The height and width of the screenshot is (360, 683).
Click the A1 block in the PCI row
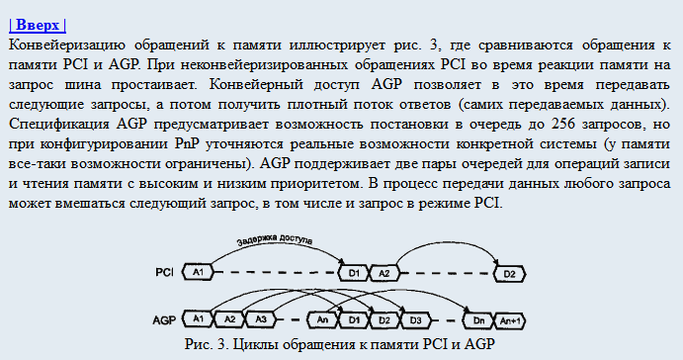point(199,272)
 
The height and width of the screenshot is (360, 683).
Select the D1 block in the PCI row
point(352,272)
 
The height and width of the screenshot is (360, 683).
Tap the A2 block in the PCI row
point(385,272)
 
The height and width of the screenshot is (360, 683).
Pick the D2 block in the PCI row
point(509,272)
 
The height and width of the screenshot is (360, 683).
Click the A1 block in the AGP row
point(199,320)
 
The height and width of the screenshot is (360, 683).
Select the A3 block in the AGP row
point(261,320)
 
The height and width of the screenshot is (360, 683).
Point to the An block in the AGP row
point(321,320)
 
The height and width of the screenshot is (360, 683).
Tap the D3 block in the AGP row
point(416,320)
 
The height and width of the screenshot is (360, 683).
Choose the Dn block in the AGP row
point(478,320)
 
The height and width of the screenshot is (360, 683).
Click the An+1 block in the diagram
point(511,320)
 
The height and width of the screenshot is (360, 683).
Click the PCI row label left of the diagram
point(165,272)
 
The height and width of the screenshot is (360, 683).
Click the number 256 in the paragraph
point(560,124)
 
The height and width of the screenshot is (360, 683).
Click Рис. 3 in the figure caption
point(208,344)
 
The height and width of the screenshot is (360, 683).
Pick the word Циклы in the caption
point(259,344)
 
